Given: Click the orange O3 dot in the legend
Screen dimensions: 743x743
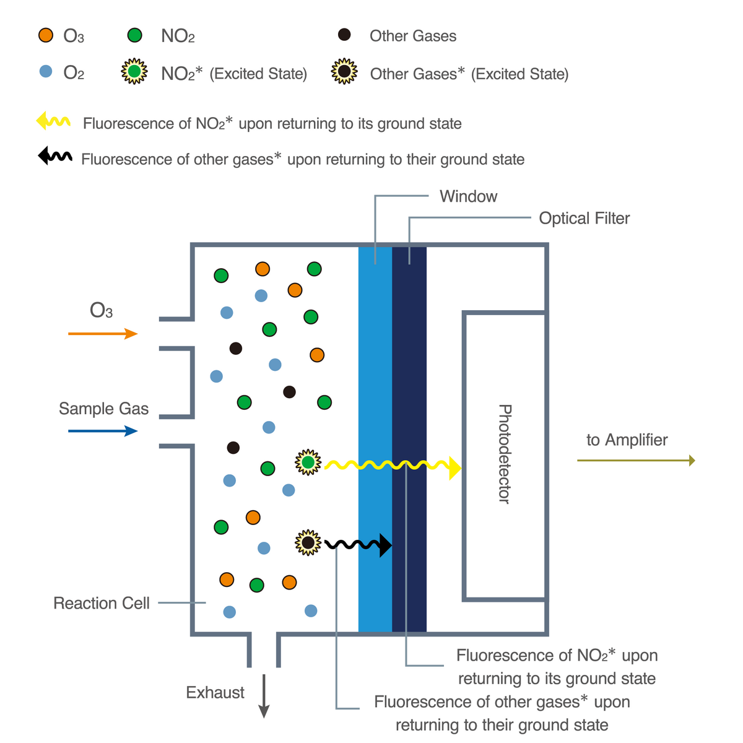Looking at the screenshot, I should point(46,35).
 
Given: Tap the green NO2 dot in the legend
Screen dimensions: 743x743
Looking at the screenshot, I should point(134,35).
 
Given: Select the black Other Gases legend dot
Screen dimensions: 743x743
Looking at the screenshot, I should point(344,35).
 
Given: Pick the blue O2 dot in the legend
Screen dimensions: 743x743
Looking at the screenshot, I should point(46,72).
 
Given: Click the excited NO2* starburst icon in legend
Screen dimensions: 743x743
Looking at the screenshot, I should point(134,72).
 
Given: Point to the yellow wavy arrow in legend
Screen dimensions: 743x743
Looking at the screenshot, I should point(53,121).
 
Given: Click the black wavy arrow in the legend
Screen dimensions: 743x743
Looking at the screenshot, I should point(54,156).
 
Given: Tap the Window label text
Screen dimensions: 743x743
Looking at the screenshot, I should point(468,196).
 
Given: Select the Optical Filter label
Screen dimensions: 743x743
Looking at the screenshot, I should point(584,218).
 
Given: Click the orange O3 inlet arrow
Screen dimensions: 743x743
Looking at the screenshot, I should point(103,334).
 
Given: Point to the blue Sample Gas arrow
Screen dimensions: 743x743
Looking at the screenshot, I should point(103,431).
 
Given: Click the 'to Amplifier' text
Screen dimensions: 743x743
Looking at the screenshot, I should point(627,440).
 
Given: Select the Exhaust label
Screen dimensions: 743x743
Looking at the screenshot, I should point(215,692).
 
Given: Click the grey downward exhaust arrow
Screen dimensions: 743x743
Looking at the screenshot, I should point(264,697).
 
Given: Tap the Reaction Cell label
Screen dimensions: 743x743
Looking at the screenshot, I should point(102,603).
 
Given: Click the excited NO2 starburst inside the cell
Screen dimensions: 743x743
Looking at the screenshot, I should point(308,463).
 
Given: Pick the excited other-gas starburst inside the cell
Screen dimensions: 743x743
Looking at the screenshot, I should point(308,543).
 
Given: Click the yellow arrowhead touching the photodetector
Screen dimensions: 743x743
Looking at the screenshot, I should point(455,468).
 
